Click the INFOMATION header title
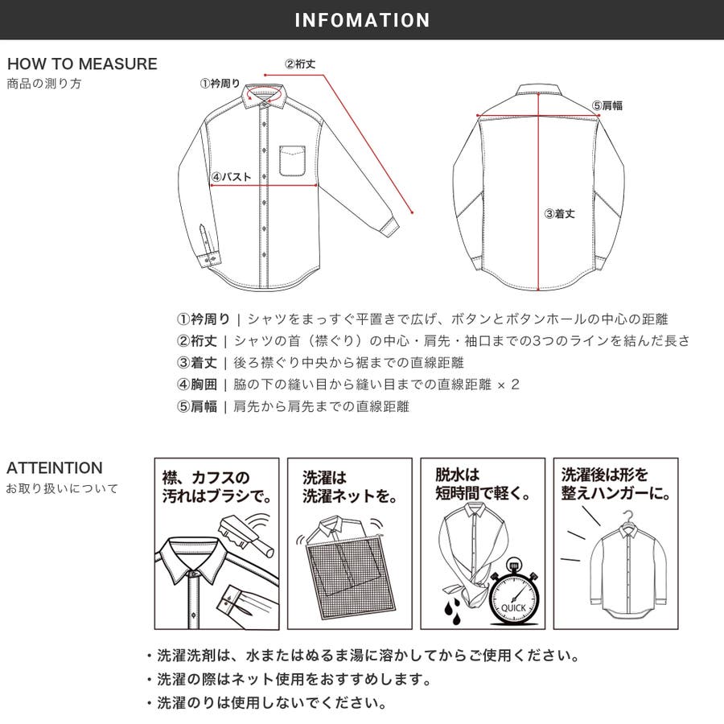pyautogui.click(x=362, y=20)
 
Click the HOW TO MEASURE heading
pyautogui.click(x=82, y=64)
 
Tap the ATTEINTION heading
pyautogui.click(x=55, y=467)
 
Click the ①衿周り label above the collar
pyautogui.click(x=220, y=84)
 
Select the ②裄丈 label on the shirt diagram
pyautogui.click(x=300, y=64)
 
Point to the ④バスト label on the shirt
pyautogui.click(x=232, y=177)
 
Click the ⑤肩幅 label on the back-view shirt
pyautogui.click(x=607, y=105)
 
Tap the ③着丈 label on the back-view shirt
pyautogui.click(x=560, y=214)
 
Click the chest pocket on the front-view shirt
pyautogui.click(x=292, y=161)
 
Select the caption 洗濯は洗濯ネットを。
pyautogui.click(x=350, y=487)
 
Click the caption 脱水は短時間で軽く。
pyautogui.click(x=483, y=484)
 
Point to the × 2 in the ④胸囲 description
pyautogui.click(x=508, y=385)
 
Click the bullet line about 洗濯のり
pyautogui.click(x=267, y=703)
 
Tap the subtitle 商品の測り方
pyautogui.click(x=44, y=84)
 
